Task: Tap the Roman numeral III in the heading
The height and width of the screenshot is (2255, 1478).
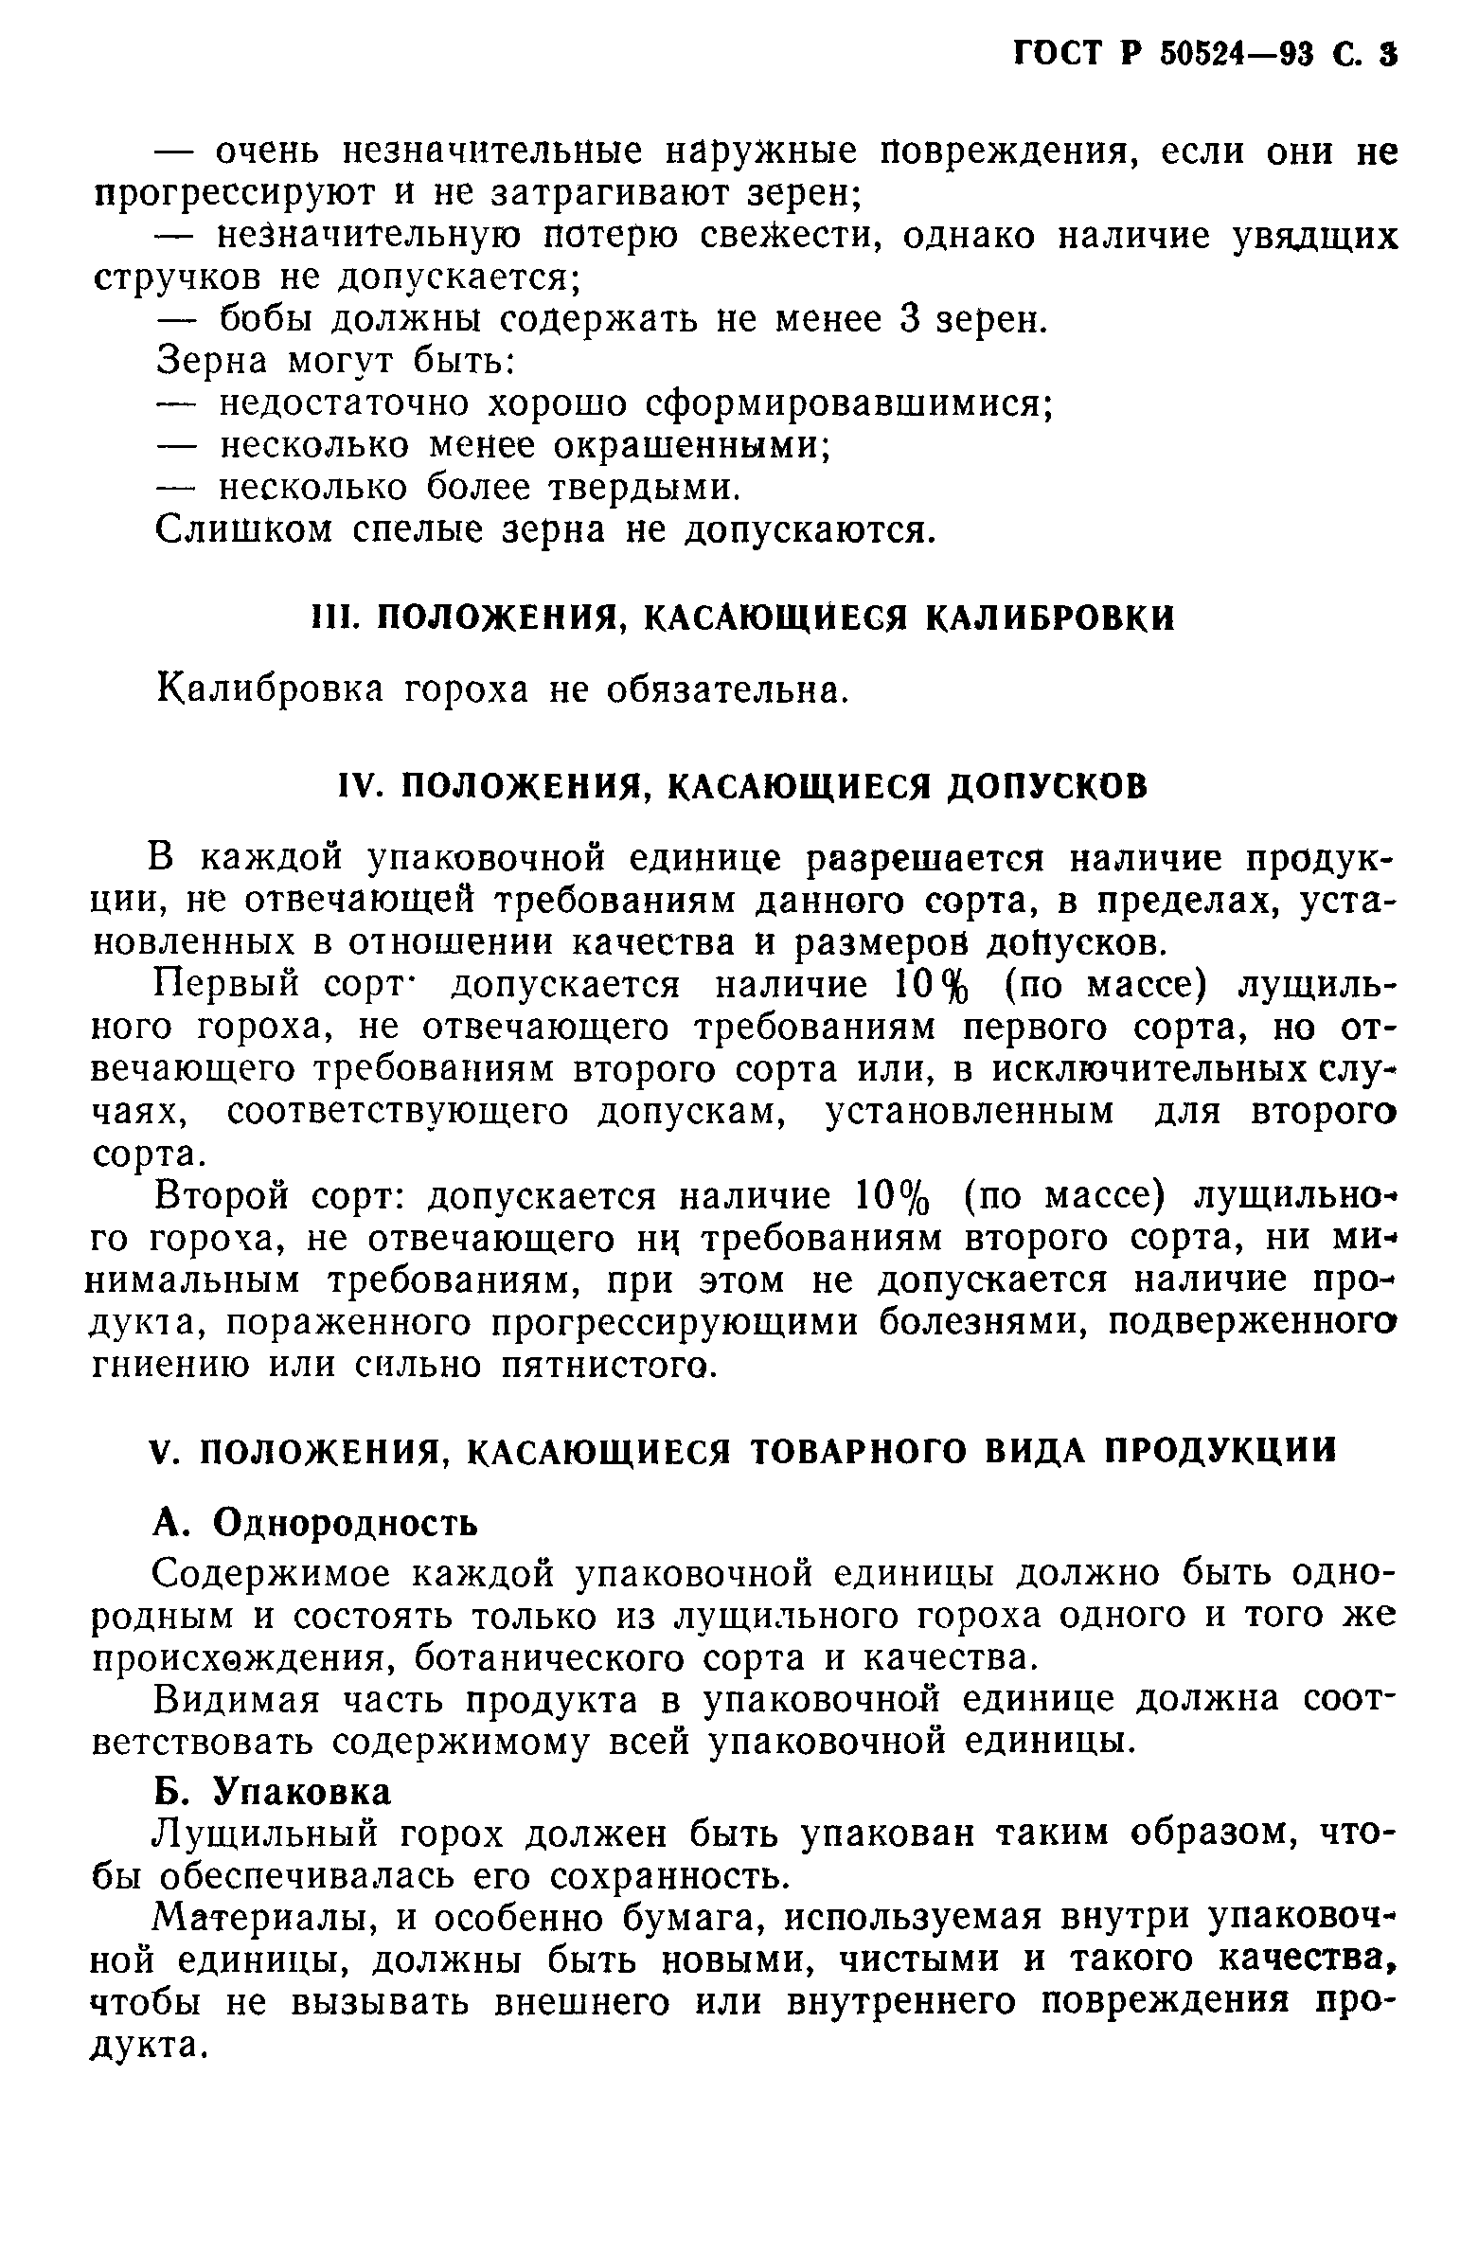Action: pyautogui.click(x=332, y=618)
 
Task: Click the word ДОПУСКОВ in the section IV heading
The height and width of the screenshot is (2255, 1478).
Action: pyautogui.click(x=1048, y=786)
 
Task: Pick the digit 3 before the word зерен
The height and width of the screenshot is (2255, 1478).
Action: pyautogui.click(x=911, y=319)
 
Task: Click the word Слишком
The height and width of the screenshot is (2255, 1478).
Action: pyautogui.click(x=243, y=528)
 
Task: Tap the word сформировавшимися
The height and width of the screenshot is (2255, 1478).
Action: pyautogui.click(x=849, y=403)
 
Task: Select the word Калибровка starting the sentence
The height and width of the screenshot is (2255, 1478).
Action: pyautogui.click(x=271, y=689)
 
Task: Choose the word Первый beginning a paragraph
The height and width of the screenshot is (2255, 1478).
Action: pyautogui.click(x=226, y=985)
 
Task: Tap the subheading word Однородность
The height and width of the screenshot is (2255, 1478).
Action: pyautogui.click(x=346, y=1523)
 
